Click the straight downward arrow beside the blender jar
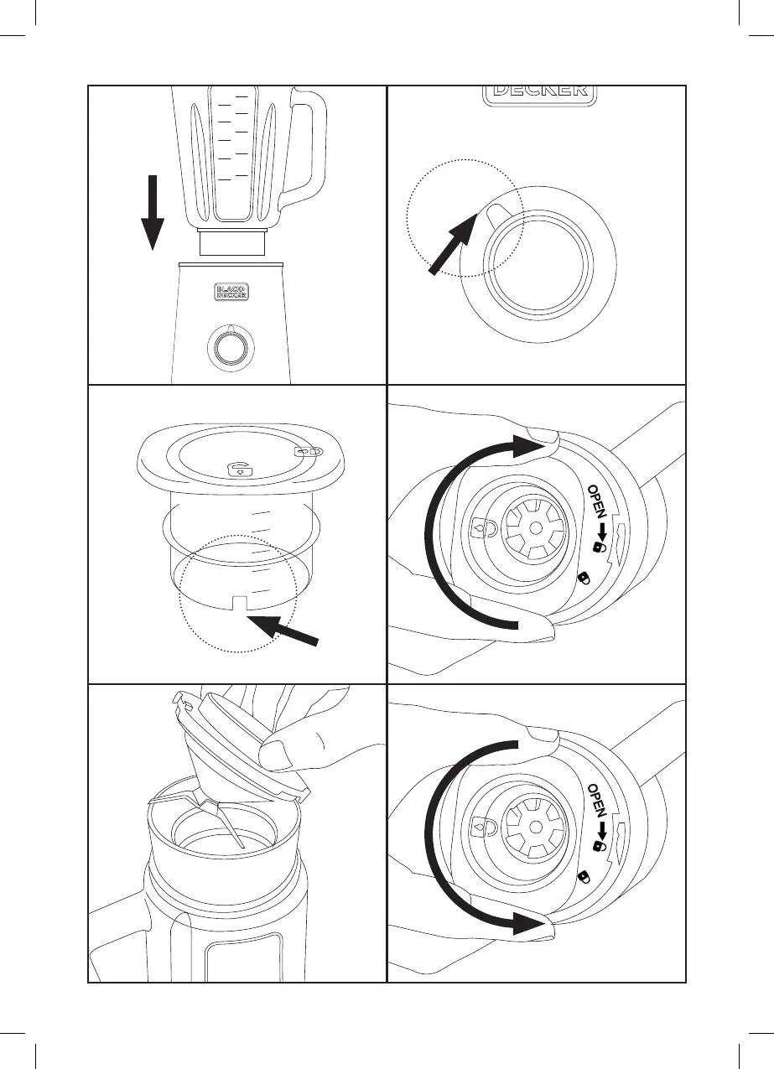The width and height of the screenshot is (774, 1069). coord(152,211)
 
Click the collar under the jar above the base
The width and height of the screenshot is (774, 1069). coord(232,243)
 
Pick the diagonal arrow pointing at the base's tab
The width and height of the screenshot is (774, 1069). coord(455,243)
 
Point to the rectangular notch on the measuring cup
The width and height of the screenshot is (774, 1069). coord(238,603)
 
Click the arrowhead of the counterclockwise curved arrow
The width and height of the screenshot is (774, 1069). coord(532,926)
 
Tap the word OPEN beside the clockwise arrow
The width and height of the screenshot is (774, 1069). coord(601,502)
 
